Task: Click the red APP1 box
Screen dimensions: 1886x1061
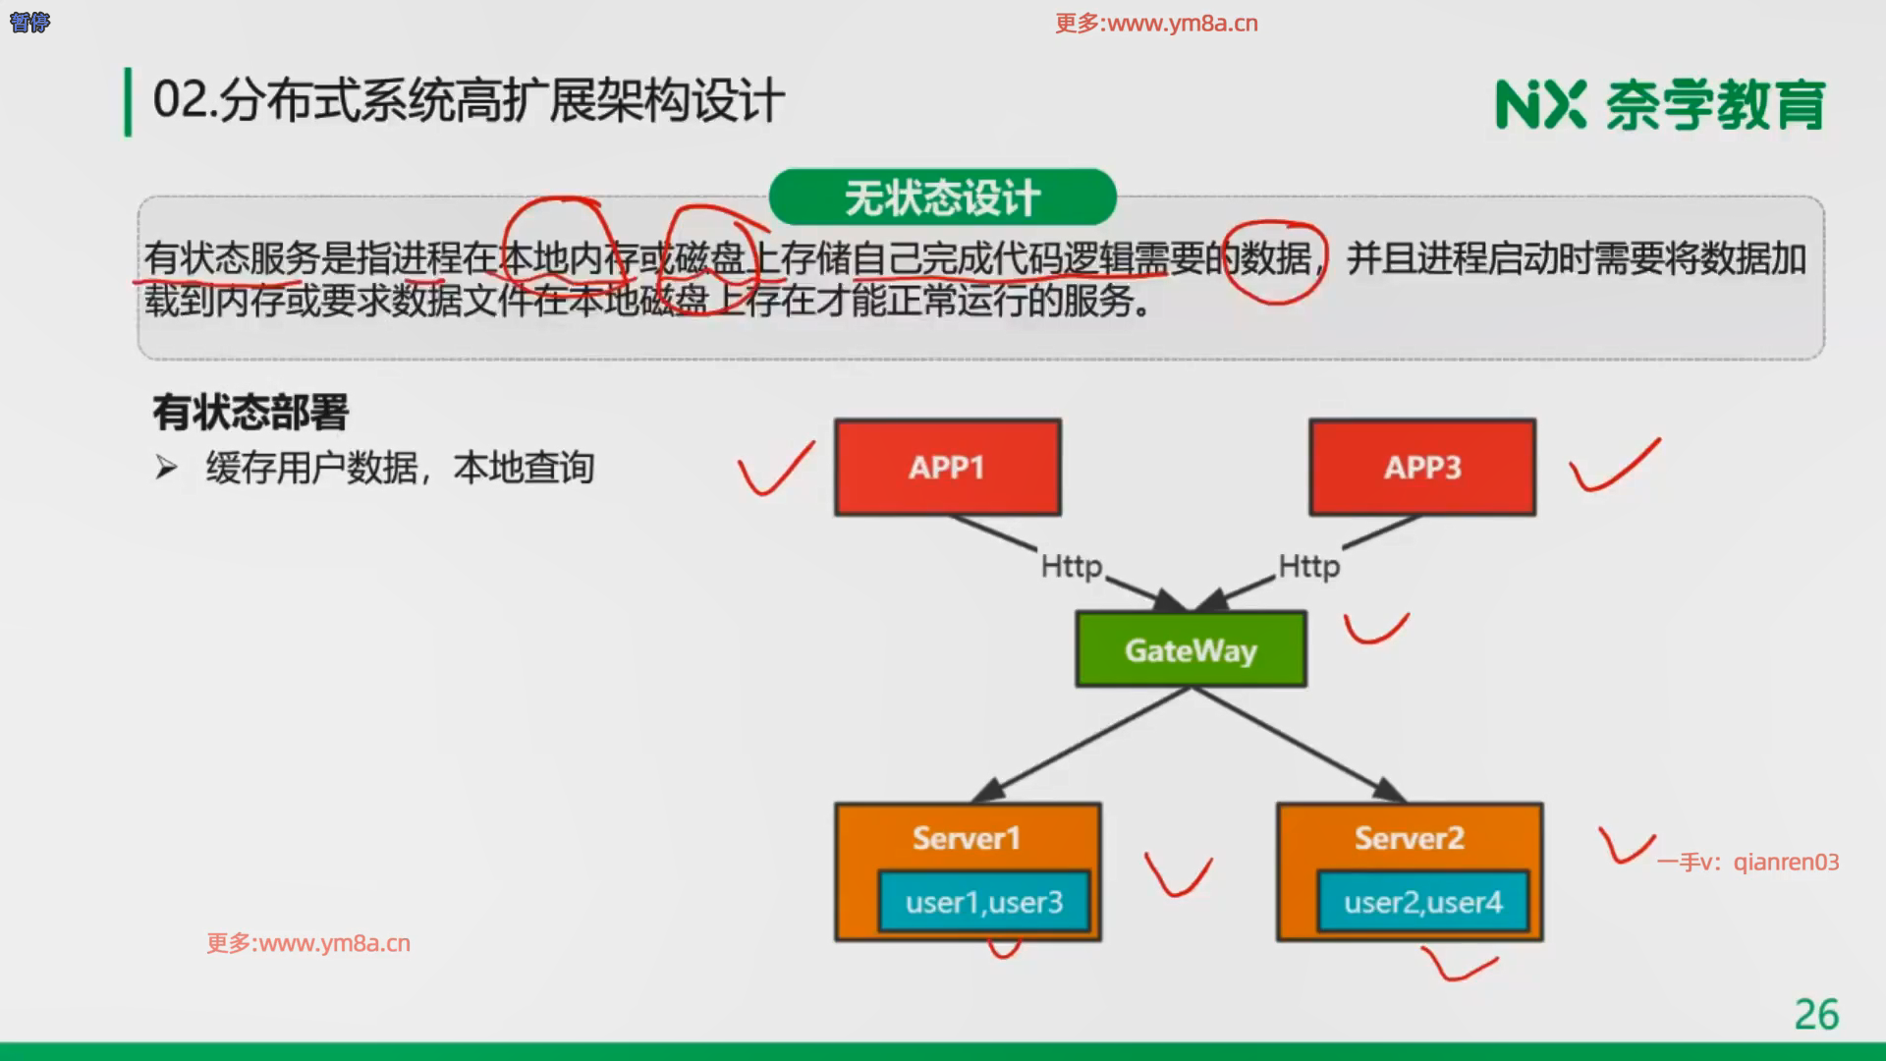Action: (947, 467)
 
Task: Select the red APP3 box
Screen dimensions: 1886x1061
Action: (1421, 467)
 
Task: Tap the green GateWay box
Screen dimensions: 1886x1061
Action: (1191, 649)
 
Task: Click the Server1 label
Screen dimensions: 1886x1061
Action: (967, 838)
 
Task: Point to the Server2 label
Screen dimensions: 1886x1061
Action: (1409, 838)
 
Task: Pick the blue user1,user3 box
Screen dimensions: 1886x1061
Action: (984, 902)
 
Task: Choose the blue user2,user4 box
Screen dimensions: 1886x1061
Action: (1422, 902)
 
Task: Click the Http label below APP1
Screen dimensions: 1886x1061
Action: (1072, 567)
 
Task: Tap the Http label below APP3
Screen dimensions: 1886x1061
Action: (1308, 567)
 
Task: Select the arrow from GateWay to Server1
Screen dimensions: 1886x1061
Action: (1081, 745)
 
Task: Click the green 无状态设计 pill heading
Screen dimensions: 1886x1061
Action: (942, 197)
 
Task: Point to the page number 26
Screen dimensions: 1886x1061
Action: (1816, 1014)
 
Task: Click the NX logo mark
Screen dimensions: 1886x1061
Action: (1539, 105)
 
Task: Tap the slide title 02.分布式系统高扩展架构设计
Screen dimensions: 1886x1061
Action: (469, 101)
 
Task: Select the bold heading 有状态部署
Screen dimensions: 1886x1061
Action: (250, 413)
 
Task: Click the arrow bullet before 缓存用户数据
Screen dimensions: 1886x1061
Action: (166, 468)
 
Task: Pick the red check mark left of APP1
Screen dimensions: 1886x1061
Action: (775, 469)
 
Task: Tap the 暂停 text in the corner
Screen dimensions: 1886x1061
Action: (29, 22)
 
